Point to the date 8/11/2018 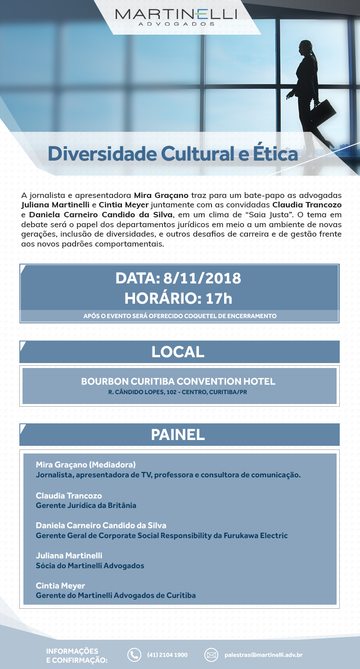click(202, 278)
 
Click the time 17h click(219, 297)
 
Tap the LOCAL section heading click(178, 352)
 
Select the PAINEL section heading click(178, 435)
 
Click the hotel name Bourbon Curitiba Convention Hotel click(178, 382)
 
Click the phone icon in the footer click(134, 655)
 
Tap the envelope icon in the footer click(211, 655)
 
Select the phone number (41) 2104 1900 click(167, 655)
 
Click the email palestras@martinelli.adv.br click(263, 655)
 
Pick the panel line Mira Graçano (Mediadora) click(85, 464)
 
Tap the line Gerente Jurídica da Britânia click(86, 505)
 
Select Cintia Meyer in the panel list click(60, 586)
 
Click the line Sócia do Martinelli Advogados click(90, 566)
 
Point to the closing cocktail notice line click(180, 316)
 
